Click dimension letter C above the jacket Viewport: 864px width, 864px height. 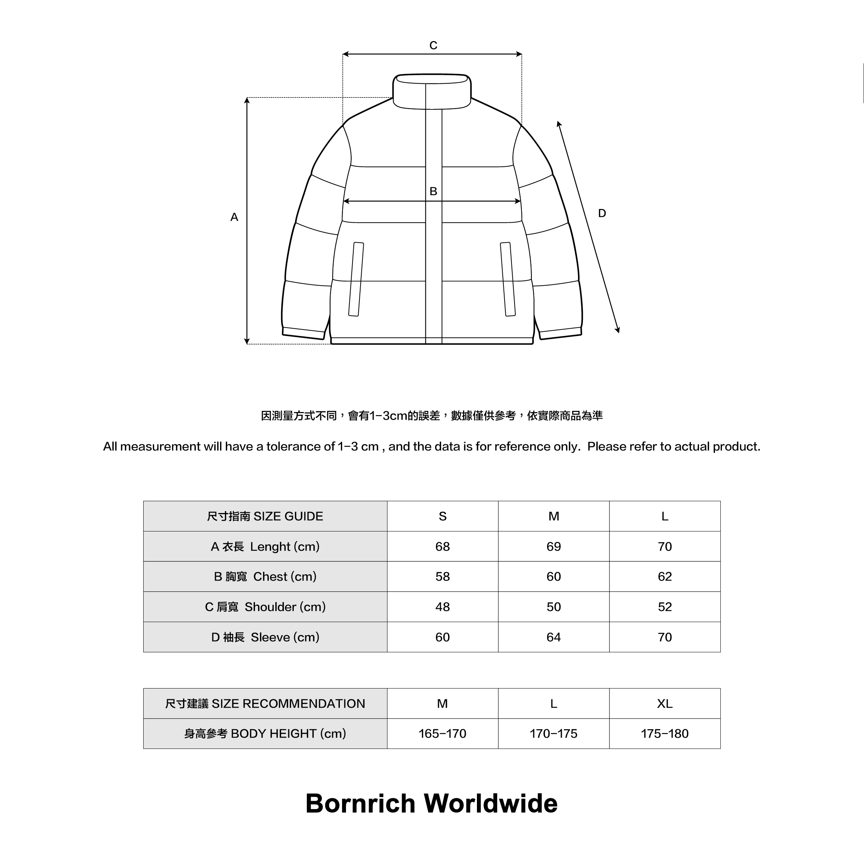[433, 46]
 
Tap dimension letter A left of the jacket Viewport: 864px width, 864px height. [234, 217]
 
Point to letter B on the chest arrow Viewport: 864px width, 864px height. [433, 191]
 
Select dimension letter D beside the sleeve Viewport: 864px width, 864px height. [602, 214]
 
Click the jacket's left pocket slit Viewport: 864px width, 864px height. [356, 279]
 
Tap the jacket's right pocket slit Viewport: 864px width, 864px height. [508, 279]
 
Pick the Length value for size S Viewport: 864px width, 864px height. [442, 546]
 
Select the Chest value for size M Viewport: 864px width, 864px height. [553, 576]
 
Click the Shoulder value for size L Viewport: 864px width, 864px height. [665, 607]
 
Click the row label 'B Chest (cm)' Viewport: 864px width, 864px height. [265, 576]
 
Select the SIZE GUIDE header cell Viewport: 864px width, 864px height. [265, 516]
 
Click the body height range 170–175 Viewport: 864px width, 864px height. [553, 733]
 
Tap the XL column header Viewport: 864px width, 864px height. [665, 703]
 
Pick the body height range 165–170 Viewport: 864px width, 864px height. [442, 733]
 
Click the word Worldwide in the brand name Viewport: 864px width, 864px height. [491, 804]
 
